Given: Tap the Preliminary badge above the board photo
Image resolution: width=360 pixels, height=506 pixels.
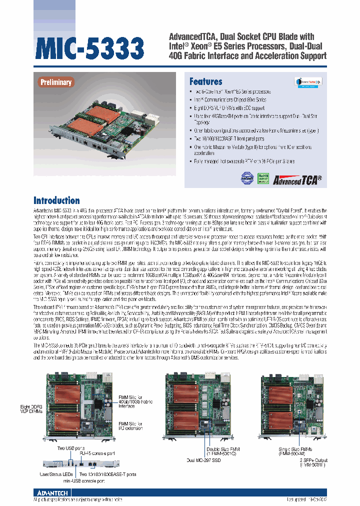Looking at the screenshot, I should pyautogui.click(x=56, y=82).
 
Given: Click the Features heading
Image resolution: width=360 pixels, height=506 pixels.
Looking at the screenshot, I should pyautogui.click(x=205, y=81).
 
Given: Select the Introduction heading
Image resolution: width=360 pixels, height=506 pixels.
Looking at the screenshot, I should pyautogui.click(x=56, y=200).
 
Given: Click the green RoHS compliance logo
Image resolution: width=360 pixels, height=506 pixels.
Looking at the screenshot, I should pyautogui.click(x=262, y=177).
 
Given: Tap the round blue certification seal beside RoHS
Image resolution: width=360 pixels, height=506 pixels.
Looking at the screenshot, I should pyautogui.click(x=247, y=177).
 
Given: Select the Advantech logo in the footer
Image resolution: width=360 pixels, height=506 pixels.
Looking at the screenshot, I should pyautogui.click(x=53, y=492).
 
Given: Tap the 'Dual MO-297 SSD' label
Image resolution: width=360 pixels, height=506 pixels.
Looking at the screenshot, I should pyautogui.click(x=204, y=460).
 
